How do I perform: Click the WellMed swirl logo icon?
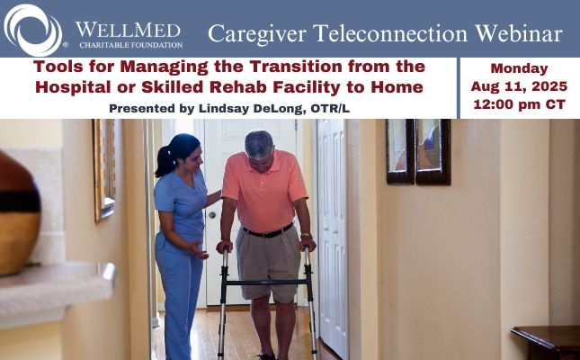point(32,29)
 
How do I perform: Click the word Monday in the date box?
point(520,67)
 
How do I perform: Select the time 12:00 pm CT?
point(520,105)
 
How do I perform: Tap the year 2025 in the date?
point(543,86)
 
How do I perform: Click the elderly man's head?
point(259,145)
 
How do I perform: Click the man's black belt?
point(266,233)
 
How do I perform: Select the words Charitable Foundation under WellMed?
point(129,43)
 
